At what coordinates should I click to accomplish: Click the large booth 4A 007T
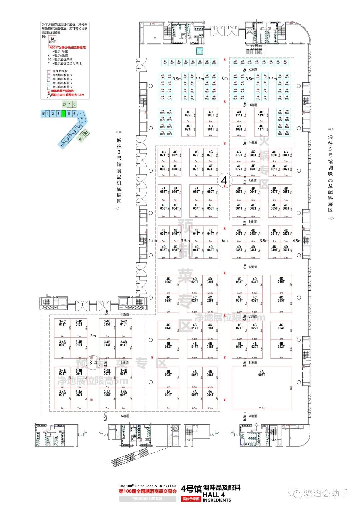(x=262, y=388)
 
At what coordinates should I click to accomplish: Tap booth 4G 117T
(x=261, y=128)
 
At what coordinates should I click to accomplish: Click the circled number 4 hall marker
(x=224, y=180)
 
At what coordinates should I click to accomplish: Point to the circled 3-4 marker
(x=93, y=362)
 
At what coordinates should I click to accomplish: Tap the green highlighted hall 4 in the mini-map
(x=63, y=114)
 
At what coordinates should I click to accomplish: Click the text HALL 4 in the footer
(x=214, y=495)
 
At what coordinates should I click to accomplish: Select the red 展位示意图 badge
(x=191, y=499)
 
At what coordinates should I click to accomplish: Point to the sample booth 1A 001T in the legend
(x=52, y=40)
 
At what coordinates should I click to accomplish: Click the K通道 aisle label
(x=253, y=70)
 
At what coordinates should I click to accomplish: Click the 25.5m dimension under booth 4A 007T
(x=262, y=408)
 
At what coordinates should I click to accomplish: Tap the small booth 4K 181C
(x=165, y=62)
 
